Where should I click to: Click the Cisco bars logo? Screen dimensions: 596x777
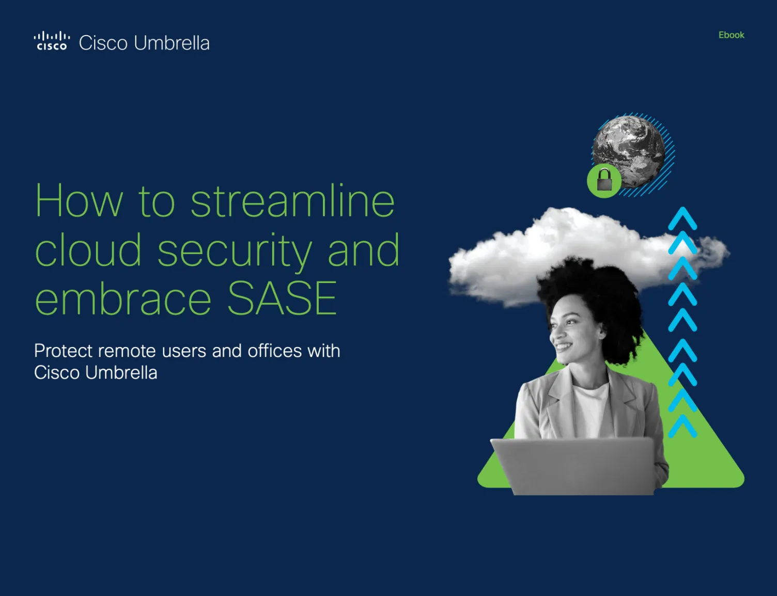pyautogui.click(x=51, y=41)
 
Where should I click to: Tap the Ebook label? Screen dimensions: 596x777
pyautogui.click(x=731, y=35)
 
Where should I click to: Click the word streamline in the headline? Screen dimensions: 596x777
pyautogui.click(x=292, y=201)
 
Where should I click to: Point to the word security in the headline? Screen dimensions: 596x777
pyautogui.click(x=235, y=251)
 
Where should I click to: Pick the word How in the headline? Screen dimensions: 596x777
pyautogui.click(x=79, y=201)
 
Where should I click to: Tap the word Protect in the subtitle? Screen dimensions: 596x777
pyautogui.click(x=64, y=351)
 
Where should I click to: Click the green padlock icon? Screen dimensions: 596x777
pyautogui.click(x=604, y=181)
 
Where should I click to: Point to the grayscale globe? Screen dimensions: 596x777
pyautogui.click(x=629, y=150)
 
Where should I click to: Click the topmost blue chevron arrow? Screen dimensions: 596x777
pyautogui.click(x=682, y=218)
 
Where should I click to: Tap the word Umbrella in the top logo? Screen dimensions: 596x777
pyautogui.click(x=172, y=43)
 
